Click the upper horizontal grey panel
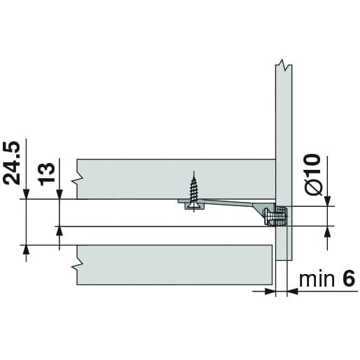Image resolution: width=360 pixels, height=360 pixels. [x=175, y=179]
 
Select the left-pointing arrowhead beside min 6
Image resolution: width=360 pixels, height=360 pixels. [x=294, y=292]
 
